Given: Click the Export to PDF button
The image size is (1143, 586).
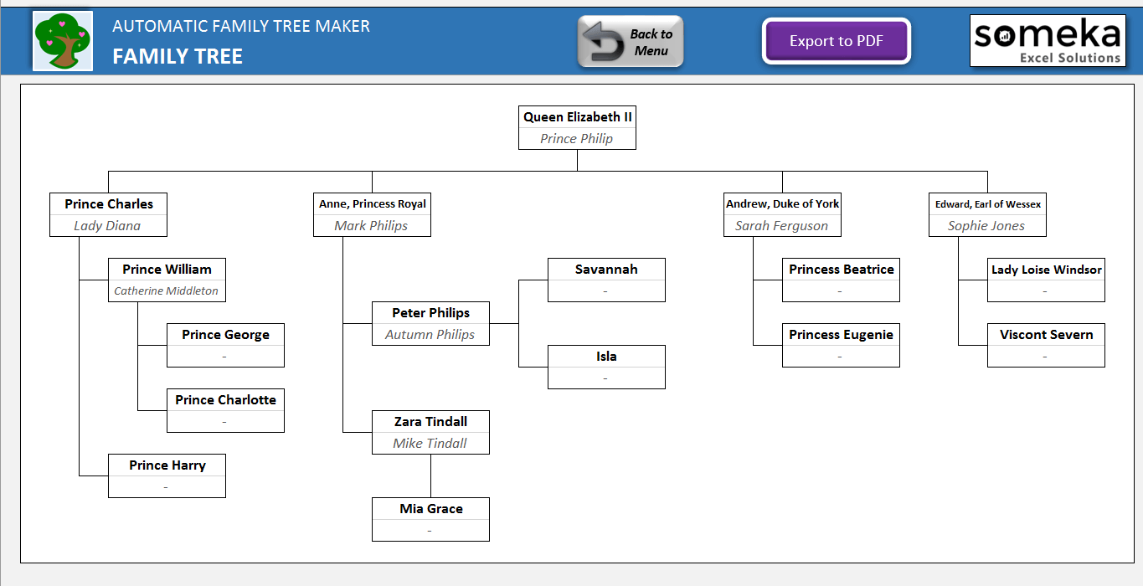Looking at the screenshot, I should point(836,41).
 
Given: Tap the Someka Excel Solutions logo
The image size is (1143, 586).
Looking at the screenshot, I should point(1047,40).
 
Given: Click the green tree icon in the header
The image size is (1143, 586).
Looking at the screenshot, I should point(62,41).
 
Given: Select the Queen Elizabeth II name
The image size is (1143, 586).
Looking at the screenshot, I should point(577,117).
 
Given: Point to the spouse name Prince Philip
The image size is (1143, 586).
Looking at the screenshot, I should point(577,139).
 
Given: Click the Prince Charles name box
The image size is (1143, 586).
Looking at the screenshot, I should point(109,204).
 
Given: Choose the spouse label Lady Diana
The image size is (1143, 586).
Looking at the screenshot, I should point(107,226).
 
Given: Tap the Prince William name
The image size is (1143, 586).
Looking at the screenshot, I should point(167,270).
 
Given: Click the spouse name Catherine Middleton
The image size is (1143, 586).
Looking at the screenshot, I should point(166,291).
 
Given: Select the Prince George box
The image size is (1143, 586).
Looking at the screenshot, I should point(225,335).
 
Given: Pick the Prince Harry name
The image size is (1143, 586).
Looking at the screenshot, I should point(167,465).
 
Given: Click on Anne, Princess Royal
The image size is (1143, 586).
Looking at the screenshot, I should point(372,204).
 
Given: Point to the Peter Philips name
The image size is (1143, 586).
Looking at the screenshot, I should point(430,313).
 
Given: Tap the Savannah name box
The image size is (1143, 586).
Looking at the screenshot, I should point(606,270).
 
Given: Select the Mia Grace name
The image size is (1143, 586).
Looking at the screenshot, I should point(430,509).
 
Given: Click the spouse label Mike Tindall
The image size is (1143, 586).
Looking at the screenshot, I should point(430,444).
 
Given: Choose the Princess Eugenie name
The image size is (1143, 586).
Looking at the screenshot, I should point(841,335).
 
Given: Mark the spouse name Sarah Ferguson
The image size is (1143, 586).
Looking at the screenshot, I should point(781,226).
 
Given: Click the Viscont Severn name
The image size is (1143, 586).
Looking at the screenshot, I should point(1046,335).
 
